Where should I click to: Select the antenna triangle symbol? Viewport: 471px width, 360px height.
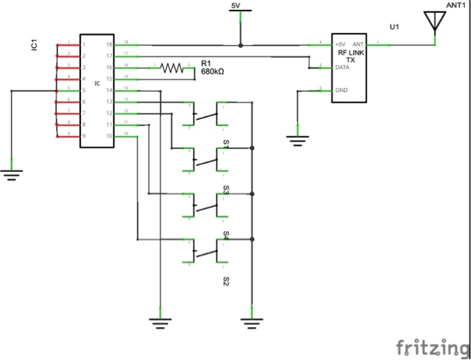click(434, 22)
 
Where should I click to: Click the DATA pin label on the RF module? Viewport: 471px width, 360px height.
click(343, 68)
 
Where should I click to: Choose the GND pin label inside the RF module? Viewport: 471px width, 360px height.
click(342, 90)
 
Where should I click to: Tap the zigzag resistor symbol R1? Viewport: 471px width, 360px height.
click(173, 68)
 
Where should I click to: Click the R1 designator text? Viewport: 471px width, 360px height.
click(206, 62)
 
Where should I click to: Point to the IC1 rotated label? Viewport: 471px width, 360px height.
click(34, 47)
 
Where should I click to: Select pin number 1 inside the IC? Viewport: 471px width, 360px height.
click(84, 44)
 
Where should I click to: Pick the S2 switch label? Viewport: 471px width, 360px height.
click(226, 282)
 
